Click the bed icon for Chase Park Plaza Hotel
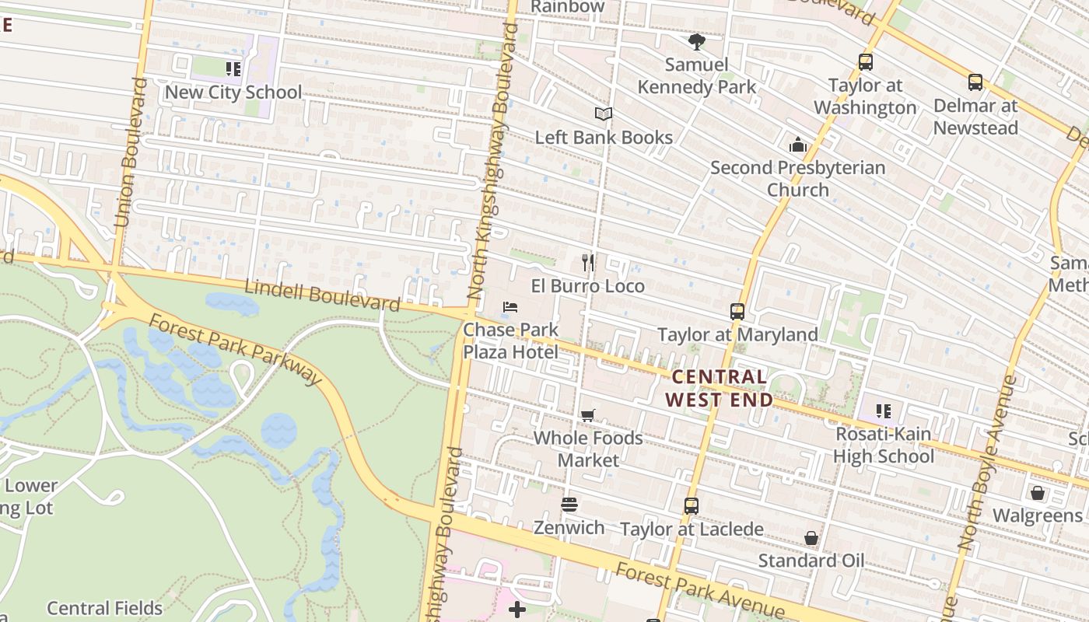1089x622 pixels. click(x=510, y=307)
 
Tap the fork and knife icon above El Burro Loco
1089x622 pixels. click(x=588, y=263)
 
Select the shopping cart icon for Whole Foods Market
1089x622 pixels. click(x=588, y=415)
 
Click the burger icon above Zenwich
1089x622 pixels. click(x=569, y=505)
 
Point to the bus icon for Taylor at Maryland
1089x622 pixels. click(x=737, y=312)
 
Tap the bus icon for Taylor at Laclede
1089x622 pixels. click(x=691, y=506)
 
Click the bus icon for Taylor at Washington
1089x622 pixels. click(x=865, y=62)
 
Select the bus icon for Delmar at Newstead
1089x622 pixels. click(x=975, y=82)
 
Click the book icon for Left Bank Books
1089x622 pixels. click(x=604, y=114)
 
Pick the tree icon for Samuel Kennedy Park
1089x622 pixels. click(x=696, y=42)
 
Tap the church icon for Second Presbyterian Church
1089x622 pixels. click(x=797, y=145)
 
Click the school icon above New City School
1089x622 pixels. click(x=233, y=69)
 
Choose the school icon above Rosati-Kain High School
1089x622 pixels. click(x=883, y=411)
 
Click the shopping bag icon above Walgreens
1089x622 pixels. click(x=1037, y=493)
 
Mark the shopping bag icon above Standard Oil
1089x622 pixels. click(x=811, y=538)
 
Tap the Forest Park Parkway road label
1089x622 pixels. click(x=234, y=349)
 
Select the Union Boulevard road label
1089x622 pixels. click(x=130, y=152)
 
